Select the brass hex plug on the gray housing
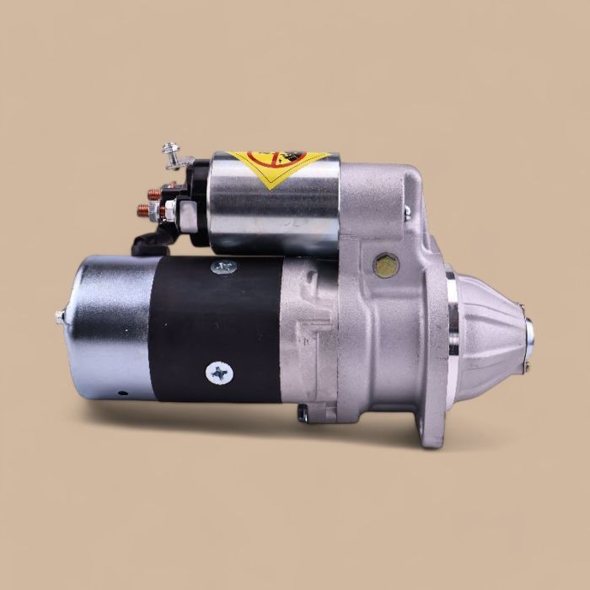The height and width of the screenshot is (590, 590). click(386, 265)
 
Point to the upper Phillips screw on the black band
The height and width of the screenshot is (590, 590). click(223, 267)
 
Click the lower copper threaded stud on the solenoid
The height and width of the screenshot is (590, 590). click(145, 212)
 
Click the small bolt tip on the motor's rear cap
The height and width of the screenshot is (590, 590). click(60, 316)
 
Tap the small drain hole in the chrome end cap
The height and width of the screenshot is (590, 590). click(120, 393)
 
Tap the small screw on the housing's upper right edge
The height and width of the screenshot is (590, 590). click(407, 211)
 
